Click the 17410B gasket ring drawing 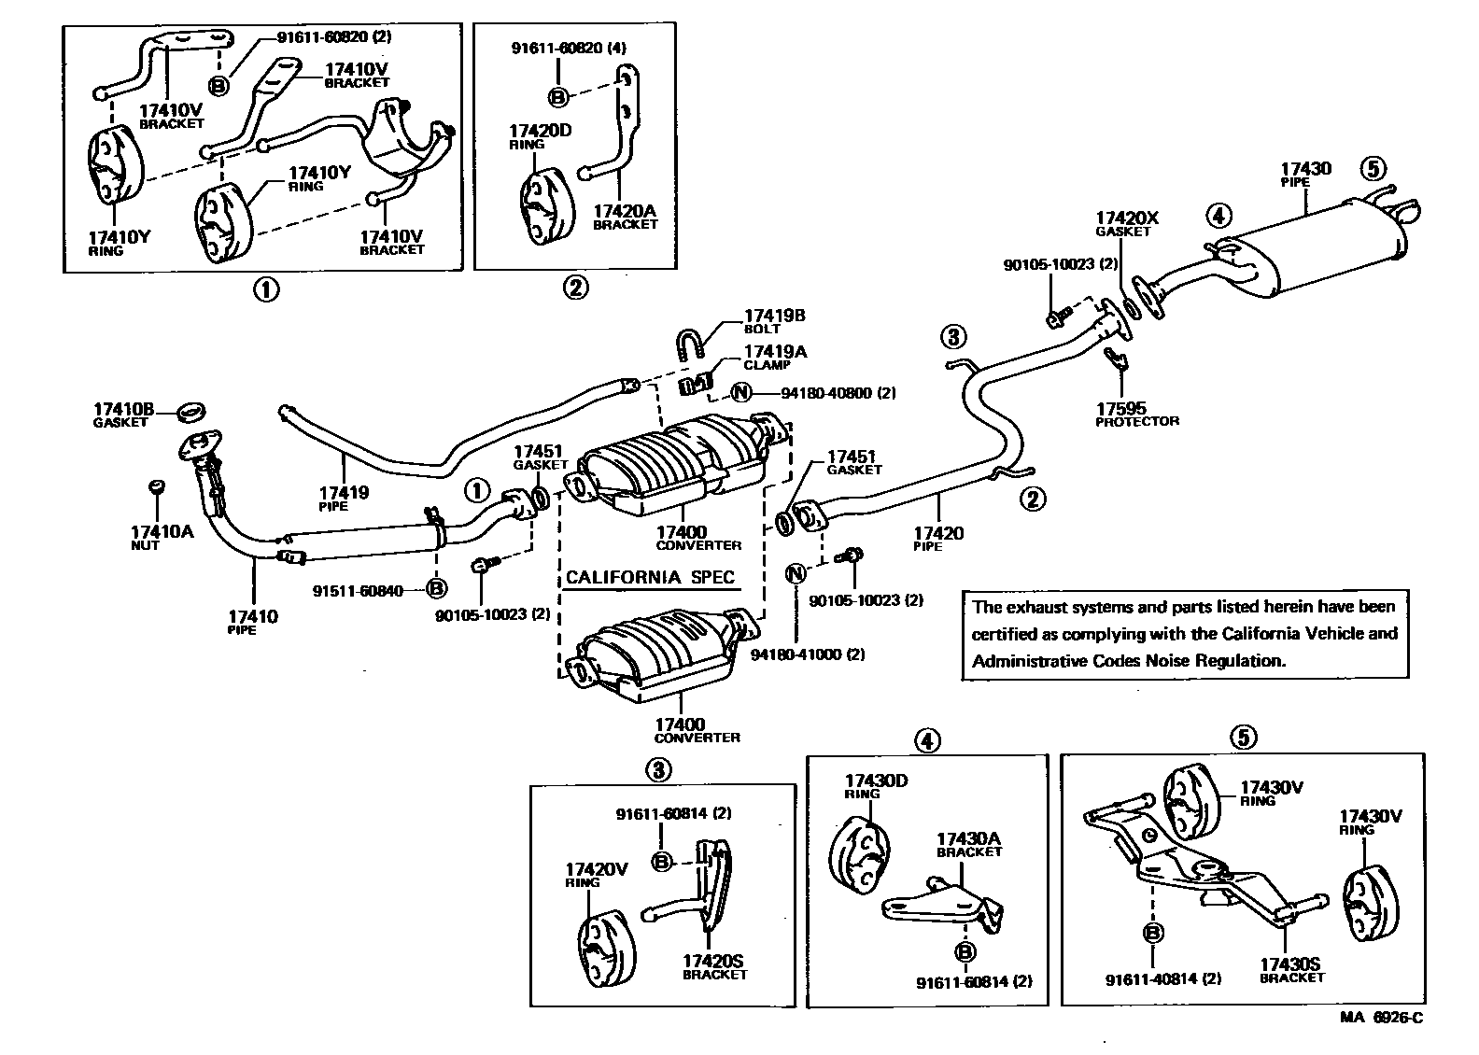(x=191, y=410)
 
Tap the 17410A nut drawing (x=157, y=487)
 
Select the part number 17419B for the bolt (x=774, y=316)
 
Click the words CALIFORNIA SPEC (x=650, y=577)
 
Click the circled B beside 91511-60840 (x=436, y=588)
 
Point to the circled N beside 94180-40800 (x=741, y=393)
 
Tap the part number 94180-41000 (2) (x=808, y=654)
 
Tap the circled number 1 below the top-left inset (x=266, y=289)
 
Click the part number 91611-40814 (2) (x=1162, y=979)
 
